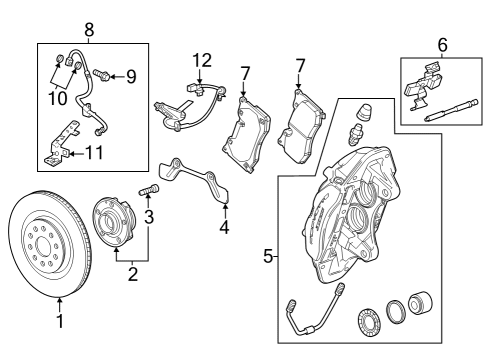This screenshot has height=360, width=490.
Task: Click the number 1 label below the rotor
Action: coord(59,321)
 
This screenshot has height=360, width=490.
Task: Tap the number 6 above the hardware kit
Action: coord(443,44)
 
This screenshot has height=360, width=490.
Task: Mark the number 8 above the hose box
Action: coord(89,31)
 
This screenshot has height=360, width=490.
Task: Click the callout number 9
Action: coord(129,76)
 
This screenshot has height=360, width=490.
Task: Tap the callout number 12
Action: coord(203,61)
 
